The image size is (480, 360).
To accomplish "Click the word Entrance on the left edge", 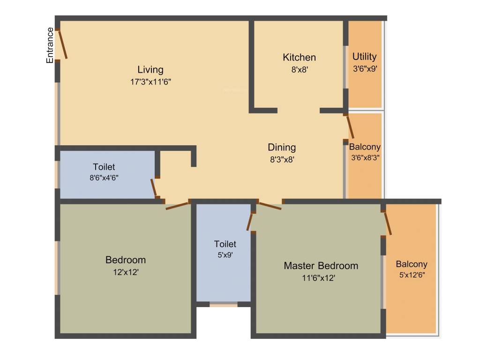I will pyautogui.click(x=49, y=45).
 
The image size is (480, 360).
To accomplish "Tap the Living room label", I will pyautogui.click(x=150, y=70).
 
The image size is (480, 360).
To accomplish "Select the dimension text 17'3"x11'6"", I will pyautogui.click(x=150, y=82).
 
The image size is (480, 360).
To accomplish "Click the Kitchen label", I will pyautogui.click(x=299, y=57).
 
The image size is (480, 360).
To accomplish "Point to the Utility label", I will pyautogui.click(x=364, y=57).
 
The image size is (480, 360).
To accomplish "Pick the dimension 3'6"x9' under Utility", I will pyautogui.click(x=364, y=68).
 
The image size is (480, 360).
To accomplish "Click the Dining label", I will pyautogui.click(x=282, y=147).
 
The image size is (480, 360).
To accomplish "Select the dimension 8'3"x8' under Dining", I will pyautogui.click(x=281, y=159).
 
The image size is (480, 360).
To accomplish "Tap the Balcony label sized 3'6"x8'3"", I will pyautogui.click(x=365, y=147).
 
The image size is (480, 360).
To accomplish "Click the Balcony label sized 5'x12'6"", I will pyautogui.click(x=411, y=264).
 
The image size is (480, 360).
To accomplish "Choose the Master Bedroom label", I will pyautogui.click(x=321, y=266).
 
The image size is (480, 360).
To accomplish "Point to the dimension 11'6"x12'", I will pyautogui.click(x=319, y=277).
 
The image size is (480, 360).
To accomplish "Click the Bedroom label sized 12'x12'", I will pyautogui.click(x=125, y=260).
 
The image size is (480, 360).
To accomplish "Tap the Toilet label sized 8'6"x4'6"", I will pyautogui.click(x=104, y=167).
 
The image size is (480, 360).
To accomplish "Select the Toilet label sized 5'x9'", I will pyautogui.click(x=225, y=244).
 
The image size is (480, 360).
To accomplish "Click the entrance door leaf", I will pyautogui.click(x=62, y=45).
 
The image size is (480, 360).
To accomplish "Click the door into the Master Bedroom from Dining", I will pyautogui.click(x=270, y=205).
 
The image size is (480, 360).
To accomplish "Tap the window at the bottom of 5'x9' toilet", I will pyautogui.click(x=223, y=305).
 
